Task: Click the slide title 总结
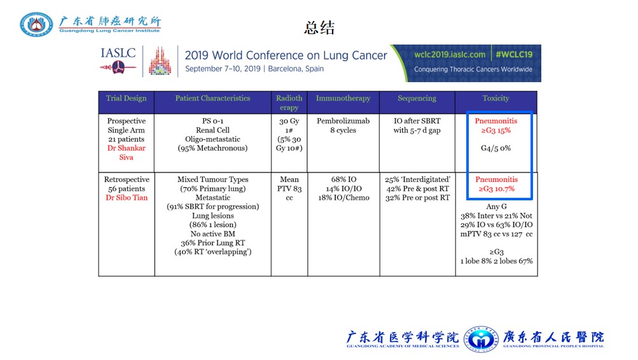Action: (319, 27)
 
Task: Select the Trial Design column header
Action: (126, 98)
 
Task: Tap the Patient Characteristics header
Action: (213, 98)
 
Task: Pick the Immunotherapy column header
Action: (343, 98)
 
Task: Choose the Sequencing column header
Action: (417, 98)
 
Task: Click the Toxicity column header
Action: (496, 98)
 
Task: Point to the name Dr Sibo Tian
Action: (127, 198)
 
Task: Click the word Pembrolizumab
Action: (343, 121)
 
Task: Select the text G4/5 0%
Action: (496, 148)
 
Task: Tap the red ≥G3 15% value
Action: (496, 130)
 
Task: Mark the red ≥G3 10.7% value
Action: (496, 189)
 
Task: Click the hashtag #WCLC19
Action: (514, 55)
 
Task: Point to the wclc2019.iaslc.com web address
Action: (450, 55)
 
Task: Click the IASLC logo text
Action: (118, 53)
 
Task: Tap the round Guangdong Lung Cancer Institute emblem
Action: (36, 24)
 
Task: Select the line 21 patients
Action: (126, 139)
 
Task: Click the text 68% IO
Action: (343, 179)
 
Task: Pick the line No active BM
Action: (213, 234)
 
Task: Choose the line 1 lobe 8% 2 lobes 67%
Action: (496, 261)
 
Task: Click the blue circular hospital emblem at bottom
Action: (481, 339)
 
